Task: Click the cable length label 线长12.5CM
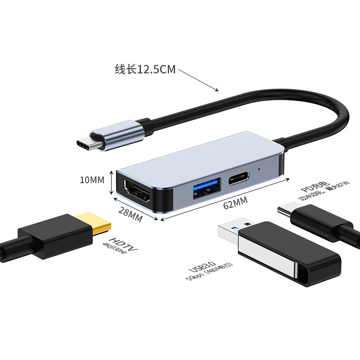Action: coord(145,70)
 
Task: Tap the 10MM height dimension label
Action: coord(92,180)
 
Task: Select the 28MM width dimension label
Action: coord(130,215)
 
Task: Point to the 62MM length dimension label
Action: coord(235,204)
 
